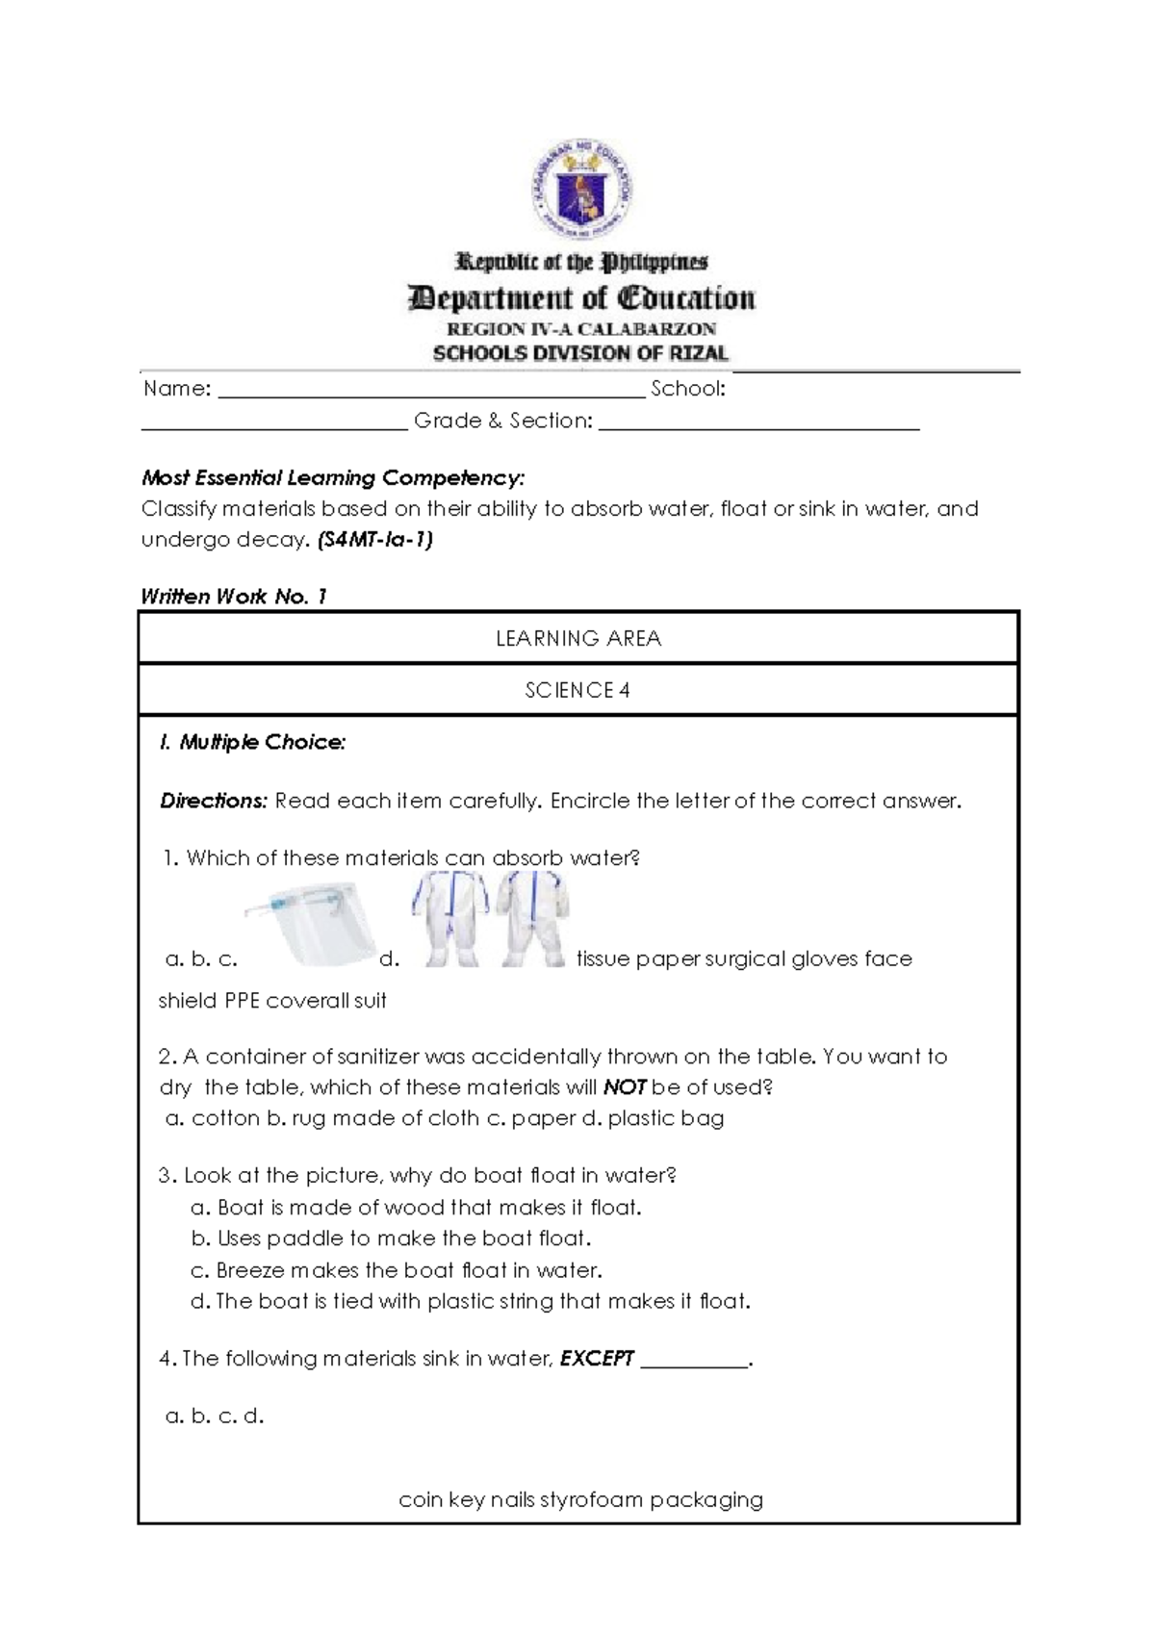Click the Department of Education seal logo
click(581, 192)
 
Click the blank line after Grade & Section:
click(758, 424)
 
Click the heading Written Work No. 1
click(234, 597)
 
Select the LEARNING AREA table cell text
click(577, 639)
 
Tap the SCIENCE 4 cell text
click(577, 690)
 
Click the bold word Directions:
click(213, 802)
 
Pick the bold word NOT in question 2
click(624, 1088)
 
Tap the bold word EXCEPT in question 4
click(597, 1359)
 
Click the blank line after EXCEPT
click(693, 1361)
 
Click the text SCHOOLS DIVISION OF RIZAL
click(580, 353)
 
